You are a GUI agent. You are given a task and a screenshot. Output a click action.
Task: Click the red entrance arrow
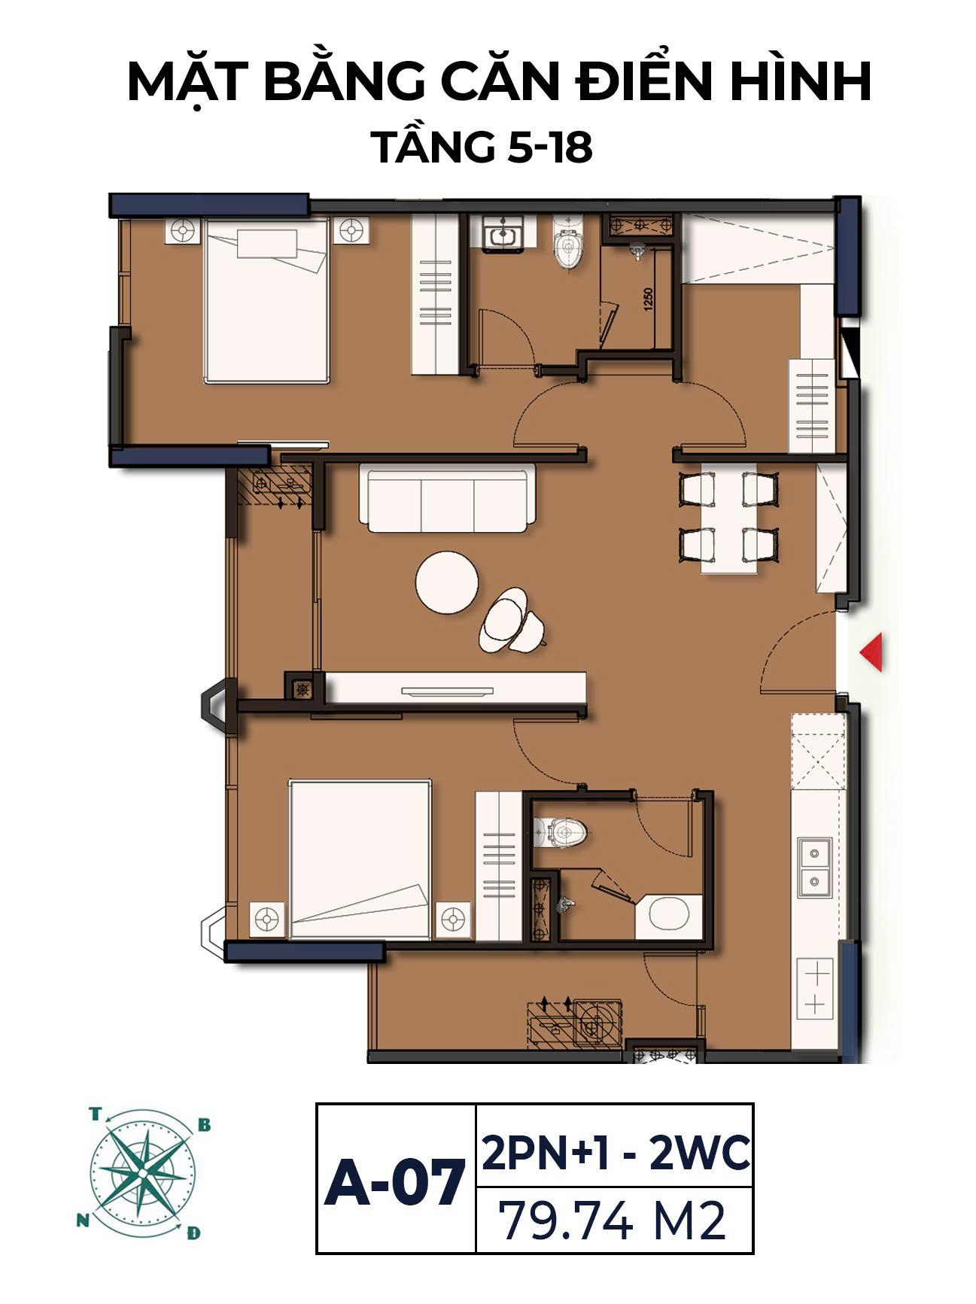coord(873,652)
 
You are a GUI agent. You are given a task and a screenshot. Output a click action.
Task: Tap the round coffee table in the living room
coord(447,582)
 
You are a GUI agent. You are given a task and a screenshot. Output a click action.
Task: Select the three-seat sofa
coord(448,497)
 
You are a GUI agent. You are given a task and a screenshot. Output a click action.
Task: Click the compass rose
coord(140,1174)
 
